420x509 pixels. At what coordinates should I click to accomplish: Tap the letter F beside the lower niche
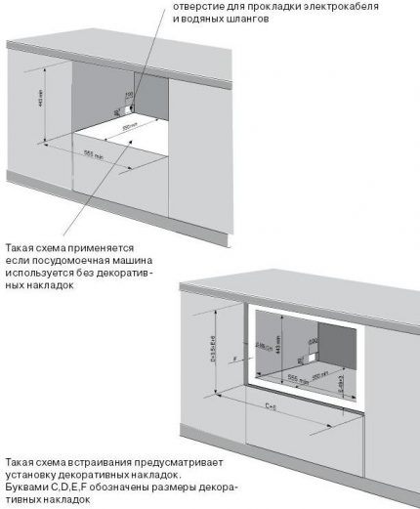pyautogui.click(x=236, y=358)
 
